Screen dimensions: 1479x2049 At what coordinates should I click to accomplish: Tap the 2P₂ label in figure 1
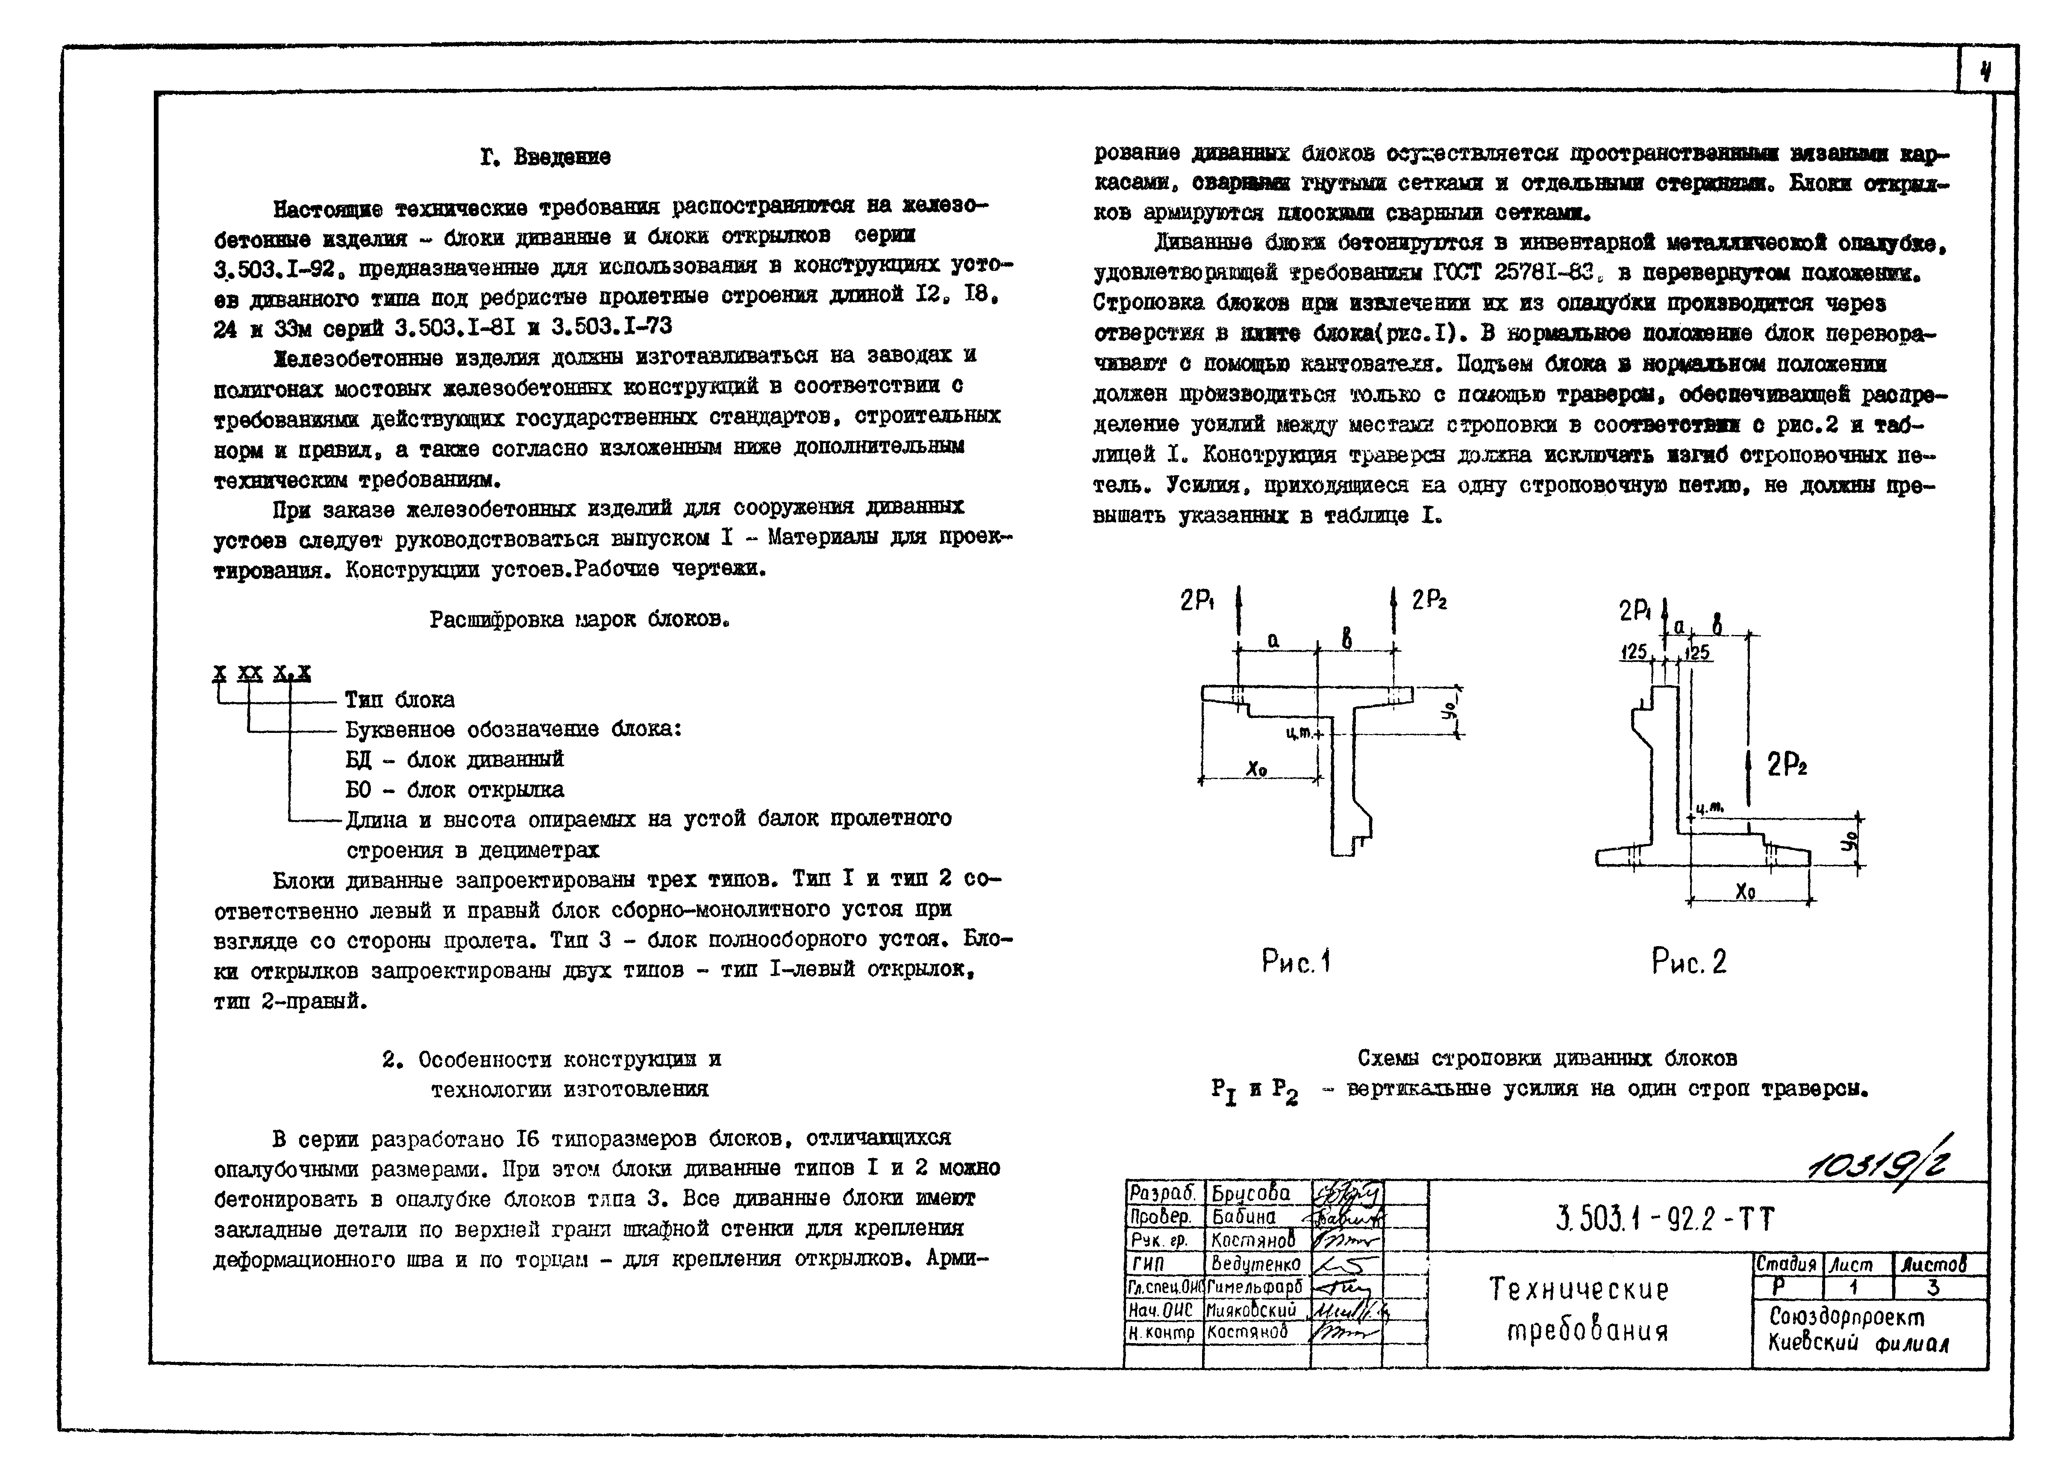pyautogui.click(x=1429, y=600)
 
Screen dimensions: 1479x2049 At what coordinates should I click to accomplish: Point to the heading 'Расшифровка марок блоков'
pyautogui.click(x=578, y=620)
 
